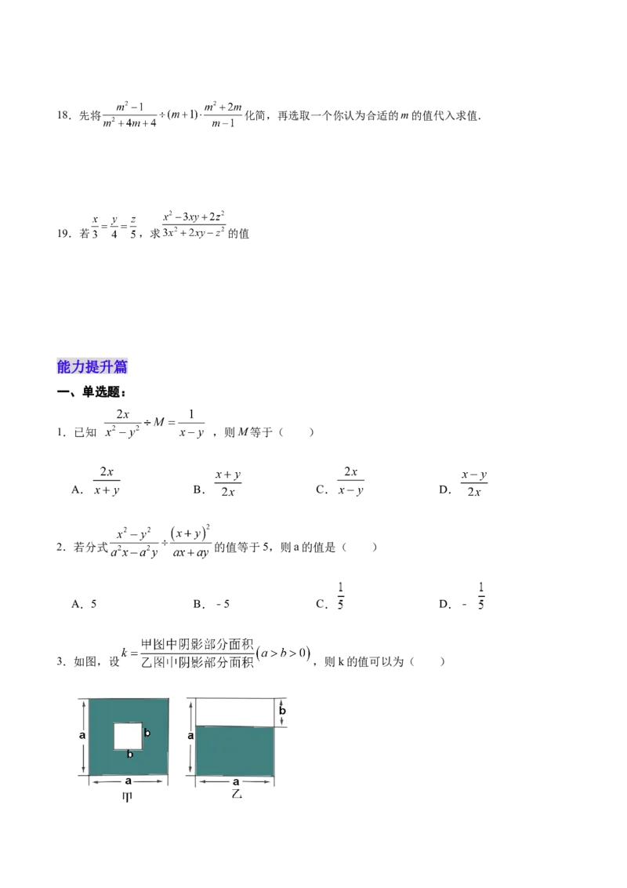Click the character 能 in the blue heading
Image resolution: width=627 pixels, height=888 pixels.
coord(64,366)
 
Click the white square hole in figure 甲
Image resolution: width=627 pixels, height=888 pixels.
coord(128,736)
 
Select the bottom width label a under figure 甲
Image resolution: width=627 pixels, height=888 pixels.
coord(128,781)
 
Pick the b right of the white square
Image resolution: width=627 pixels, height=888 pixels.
coord(147,732)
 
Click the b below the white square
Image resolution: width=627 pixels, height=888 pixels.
coord(129,755)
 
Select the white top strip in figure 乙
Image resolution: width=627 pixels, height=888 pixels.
coord(235,712)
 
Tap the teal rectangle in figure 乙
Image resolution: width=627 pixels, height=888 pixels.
coord(235,751)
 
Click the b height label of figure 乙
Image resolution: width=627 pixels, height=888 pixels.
coord(283,711)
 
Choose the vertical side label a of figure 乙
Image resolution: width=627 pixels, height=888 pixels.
coord(190,736)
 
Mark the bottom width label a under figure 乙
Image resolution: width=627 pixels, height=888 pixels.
coord(235,781)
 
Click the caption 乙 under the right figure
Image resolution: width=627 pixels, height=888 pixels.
coord(235,795)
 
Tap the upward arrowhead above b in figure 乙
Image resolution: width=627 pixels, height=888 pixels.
coord(283,700)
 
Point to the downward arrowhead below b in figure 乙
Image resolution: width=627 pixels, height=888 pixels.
coord(283,723)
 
